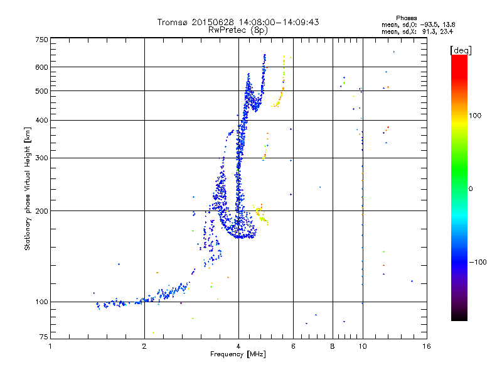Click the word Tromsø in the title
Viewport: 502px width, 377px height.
pos(173,22)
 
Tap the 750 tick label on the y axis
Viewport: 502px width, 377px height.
pos(41,40)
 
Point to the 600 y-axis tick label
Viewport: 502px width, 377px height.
pos(41,67)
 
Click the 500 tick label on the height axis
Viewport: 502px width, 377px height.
pos(41,91)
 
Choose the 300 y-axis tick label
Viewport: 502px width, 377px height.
pos(41,158)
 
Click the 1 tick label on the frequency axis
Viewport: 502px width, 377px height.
pos(51,346)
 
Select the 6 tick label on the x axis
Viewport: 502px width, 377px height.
pos(293,346)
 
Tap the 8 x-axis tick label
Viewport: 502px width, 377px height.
pos(332,346)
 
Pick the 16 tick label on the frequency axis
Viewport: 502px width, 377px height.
pos(426,346)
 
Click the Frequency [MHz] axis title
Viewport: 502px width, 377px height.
pos(238,354)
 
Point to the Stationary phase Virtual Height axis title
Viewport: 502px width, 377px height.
pos(28,188)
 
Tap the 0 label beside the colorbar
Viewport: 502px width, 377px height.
pos(471,188)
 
